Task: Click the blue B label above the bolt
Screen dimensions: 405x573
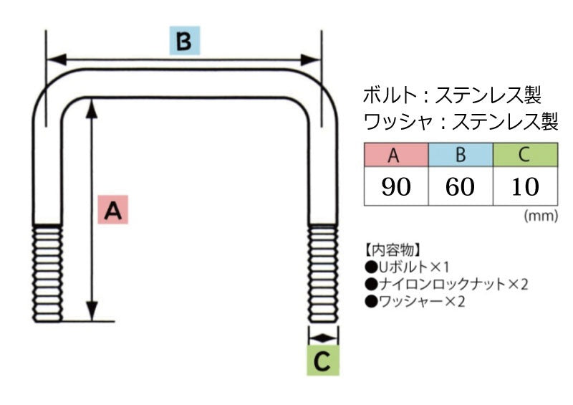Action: click(183, 42)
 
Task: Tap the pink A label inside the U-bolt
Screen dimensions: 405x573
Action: click(112, 210)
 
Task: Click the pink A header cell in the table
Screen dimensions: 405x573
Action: click(395, 155)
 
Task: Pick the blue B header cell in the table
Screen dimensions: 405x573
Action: click(461, 155)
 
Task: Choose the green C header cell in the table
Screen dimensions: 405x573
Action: click(525, 155)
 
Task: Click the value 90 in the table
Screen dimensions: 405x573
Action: click(395, 186)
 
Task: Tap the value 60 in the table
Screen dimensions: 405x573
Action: click(461, 186)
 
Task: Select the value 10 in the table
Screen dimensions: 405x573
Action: click(525, 186)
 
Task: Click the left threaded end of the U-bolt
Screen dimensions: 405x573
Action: click(47, 272)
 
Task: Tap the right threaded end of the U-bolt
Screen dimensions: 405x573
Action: click(323, 272)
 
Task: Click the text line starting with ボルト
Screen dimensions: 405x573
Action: click(452, 95)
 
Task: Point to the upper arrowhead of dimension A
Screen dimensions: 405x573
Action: click(92, 108)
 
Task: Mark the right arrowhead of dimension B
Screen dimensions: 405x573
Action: click(312, 59)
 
